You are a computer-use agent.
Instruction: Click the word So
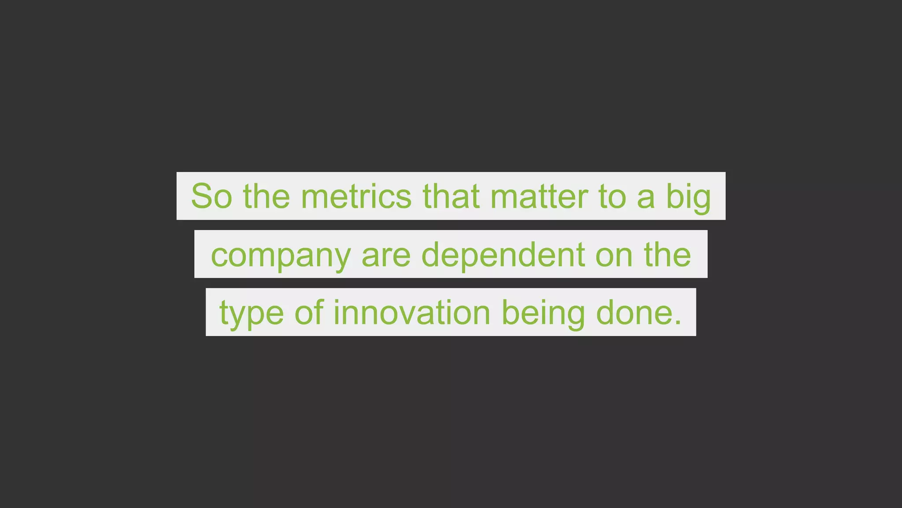(x=211, y=196)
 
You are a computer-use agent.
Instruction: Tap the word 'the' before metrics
(x=266, y=196)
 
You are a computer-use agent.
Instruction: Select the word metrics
(x=356, y=196)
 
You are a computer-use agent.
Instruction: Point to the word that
(x=451, y=196)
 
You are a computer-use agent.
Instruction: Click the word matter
(x=539, y=196)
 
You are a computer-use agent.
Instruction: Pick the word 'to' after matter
(x=612, y=196)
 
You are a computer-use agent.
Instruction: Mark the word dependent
(x=503, y=255)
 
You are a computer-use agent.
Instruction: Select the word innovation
(x=412, y=313)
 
